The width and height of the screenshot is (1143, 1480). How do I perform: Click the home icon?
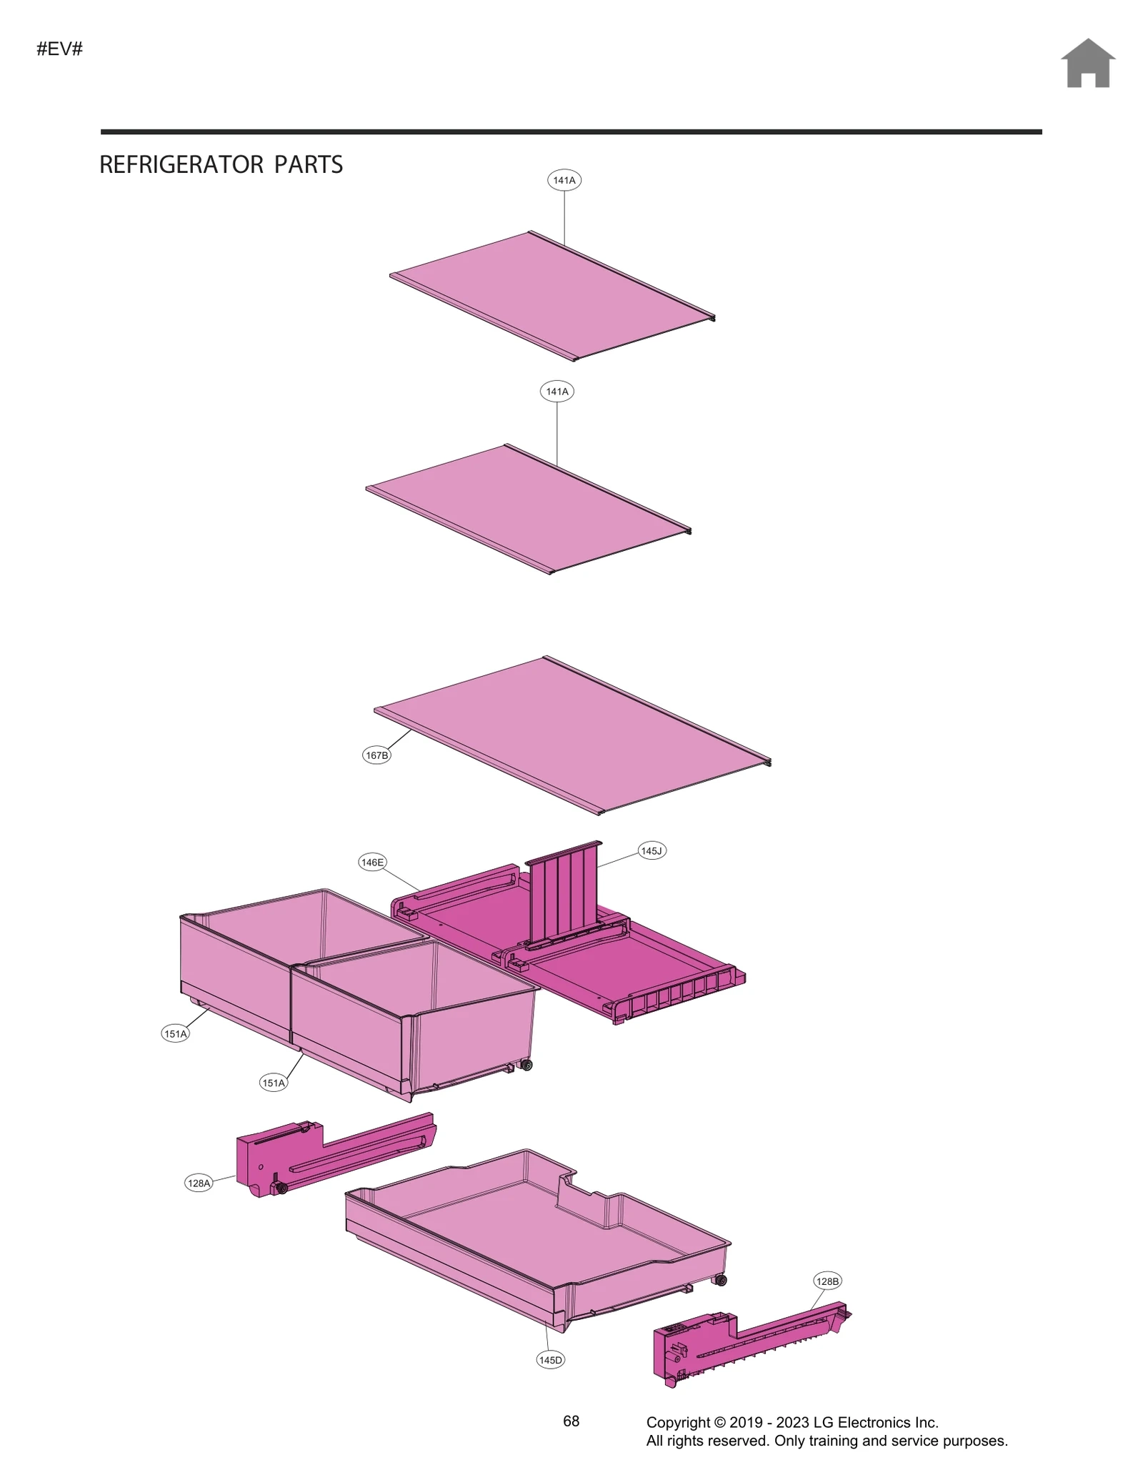pos(1087,64)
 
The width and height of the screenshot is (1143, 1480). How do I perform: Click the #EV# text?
pos(60,49)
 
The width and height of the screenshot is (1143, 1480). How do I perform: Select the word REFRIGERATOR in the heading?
pos(181,165)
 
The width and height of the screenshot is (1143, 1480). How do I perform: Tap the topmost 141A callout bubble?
pos(564,180)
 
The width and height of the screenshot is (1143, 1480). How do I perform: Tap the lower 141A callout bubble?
pos(557,392)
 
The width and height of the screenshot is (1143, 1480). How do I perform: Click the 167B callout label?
pos(376,755)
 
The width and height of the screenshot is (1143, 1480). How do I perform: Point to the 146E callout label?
pos(372,863)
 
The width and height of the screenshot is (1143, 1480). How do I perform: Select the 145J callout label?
pos(652,851)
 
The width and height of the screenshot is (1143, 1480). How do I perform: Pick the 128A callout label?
pos(199,1183)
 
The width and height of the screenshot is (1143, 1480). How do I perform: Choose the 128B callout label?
pos(827,1281)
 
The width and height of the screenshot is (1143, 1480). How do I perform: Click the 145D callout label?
pos(550,1360)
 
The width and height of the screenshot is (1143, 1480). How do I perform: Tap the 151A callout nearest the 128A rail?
pos(274,1083)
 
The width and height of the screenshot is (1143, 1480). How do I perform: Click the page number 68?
pos(571,1421)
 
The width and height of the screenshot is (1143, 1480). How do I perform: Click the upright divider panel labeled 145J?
pos(564,893)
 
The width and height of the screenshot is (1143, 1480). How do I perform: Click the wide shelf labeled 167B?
pos(571,736)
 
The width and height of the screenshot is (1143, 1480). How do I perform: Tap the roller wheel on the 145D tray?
pos(722,1280)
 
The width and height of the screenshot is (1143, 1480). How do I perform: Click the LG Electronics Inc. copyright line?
pos(792,1423)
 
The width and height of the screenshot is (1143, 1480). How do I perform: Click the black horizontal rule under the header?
pos(571,132)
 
